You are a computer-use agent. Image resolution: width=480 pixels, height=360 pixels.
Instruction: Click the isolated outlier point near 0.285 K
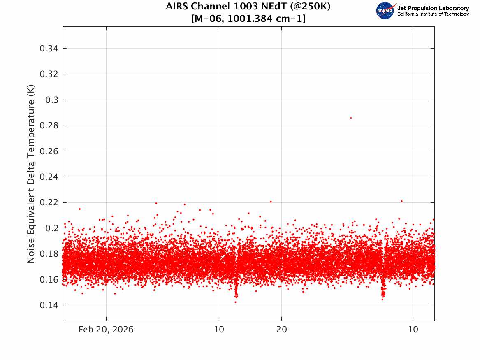351,118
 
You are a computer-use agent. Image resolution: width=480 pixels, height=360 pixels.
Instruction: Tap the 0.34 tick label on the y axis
49,49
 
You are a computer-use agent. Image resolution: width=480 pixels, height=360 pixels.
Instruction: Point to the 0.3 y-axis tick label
52,100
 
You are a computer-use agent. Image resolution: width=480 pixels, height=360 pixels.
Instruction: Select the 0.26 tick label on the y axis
49,151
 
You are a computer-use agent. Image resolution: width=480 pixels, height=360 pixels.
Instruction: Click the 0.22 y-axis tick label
49,202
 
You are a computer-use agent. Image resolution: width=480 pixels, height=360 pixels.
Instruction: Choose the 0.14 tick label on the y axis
49,305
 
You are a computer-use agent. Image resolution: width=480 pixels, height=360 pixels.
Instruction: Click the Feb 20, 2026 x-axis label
106,330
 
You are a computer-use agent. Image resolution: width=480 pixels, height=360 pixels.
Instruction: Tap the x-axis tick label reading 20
282,330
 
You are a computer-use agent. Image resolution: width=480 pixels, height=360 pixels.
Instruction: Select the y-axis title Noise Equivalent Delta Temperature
31,174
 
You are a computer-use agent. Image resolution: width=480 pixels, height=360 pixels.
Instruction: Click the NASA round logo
385,11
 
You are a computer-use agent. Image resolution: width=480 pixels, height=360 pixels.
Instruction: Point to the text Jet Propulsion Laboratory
433,8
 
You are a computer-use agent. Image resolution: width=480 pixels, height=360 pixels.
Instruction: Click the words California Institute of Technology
433,14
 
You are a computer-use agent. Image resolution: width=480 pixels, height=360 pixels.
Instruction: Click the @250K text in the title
310,6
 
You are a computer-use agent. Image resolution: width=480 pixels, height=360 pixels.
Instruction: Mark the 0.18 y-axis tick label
49,254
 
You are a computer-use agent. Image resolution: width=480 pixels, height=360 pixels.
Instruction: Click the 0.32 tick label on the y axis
49,74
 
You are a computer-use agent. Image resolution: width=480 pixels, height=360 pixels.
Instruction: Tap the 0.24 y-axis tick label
49,177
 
